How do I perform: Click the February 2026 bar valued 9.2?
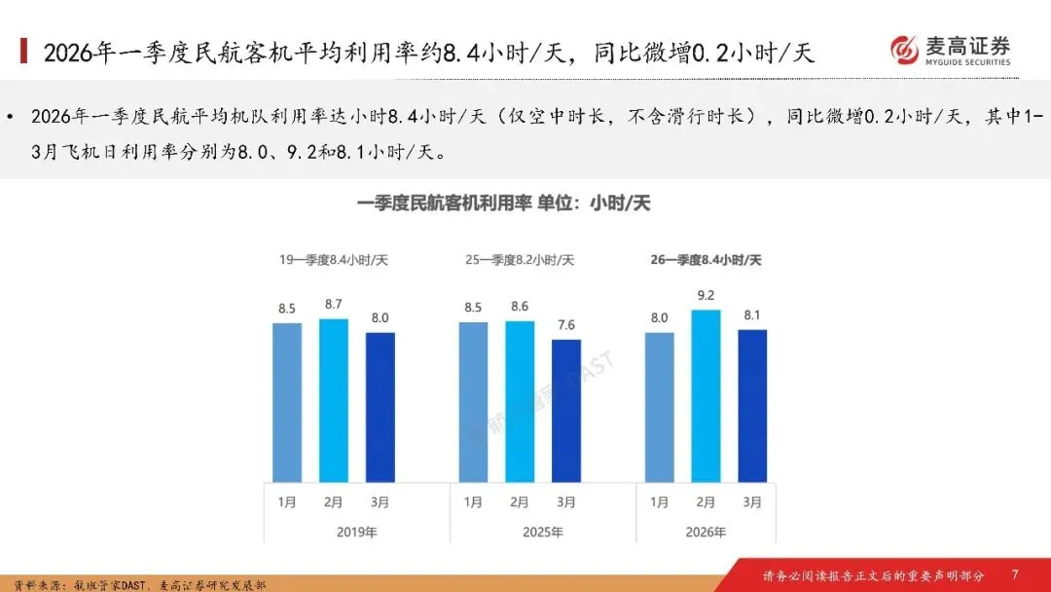tap(706, 396)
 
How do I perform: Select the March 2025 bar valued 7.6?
tap(566, 411)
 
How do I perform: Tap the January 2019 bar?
tap(287, 403)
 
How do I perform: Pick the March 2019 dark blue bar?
tap(381, 408)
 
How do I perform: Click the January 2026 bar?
tap(660, 408)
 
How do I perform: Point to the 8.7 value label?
tap(333, 305)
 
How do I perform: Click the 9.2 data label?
tap(706, 296)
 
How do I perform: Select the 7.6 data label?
tap(566, 325)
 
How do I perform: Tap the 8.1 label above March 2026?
tap(752, 315)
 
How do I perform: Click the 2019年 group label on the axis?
tap(356, 533)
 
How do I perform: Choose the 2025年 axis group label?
tap(543, 533)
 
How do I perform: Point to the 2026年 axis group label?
tap(706, 533)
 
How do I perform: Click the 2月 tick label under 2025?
tap(520, 502)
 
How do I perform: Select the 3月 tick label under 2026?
tap(752, 502)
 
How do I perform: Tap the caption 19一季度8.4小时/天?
tap(334, 260)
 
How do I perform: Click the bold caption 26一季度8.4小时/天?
tap(706, 260)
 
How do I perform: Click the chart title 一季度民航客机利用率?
tap(445, 203)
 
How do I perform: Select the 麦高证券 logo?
tap(950, 51)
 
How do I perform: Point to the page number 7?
tap(1015, 574)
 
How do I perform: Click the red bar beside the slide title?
tap(24, 51)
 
